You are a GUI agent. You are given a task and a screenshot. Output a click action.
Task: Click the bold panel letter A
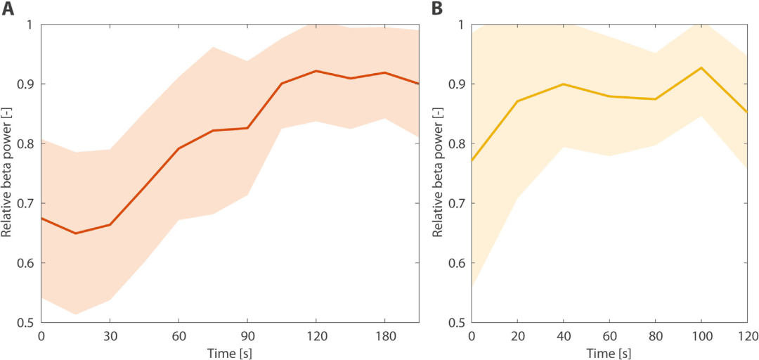8,9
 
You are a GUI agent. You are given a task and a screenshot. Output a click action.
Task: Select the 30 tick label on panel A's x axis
110,334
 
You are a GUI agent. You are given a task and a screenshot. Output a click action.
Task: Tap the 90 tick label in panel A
247,334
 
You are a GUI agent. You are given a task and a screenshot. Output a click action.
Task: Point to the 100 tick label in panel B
701,334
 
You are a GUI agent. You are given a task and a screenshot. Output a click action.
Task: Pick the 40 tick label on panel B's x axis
563,334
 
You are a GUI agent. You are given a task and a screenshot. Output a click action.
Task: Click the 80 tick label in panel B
655,334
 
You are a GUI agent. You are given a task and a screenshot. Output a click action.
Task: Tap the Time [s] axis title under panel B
609,352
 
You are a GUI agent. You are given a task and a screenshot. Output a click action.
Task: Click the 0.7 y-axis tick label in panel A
29,203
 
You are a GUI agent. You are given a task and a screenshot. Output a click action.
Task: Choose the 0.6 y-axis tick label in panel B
459,263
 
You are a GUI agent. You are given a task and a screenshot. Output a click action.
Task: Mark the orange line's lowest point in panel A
75,233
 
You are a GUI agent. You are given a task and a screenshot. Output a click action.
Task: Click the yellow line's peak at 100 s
701,67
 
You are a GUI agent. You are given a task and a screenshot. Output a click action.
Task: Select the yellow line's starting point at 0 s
472,161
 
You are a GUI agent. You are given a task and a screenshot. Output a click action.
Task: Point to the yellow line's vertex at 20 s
517,101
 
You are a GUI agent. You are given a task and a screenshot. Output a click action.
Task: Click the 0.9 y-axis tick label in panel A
29,84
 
